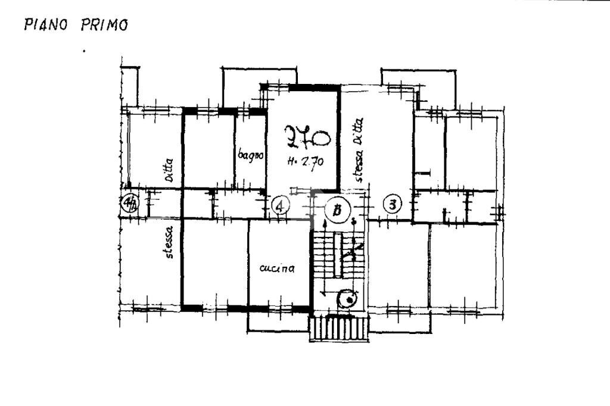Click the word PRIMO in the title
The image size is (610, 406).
pos(104,26)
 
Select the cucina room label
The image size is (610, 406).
pos(277,269)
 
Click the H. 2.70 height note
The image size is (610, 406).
pos(304,161)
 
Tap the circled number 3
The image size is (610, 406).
pos(392,205)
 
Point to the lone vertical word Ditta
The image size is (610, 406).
pos(169,170)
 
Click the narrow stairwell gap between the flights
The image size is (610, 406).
pos(337,256)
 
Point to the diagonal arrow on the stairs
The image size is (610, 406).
pos(356,249)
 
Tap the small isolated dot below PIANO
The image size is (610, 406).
pos(84,51)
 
